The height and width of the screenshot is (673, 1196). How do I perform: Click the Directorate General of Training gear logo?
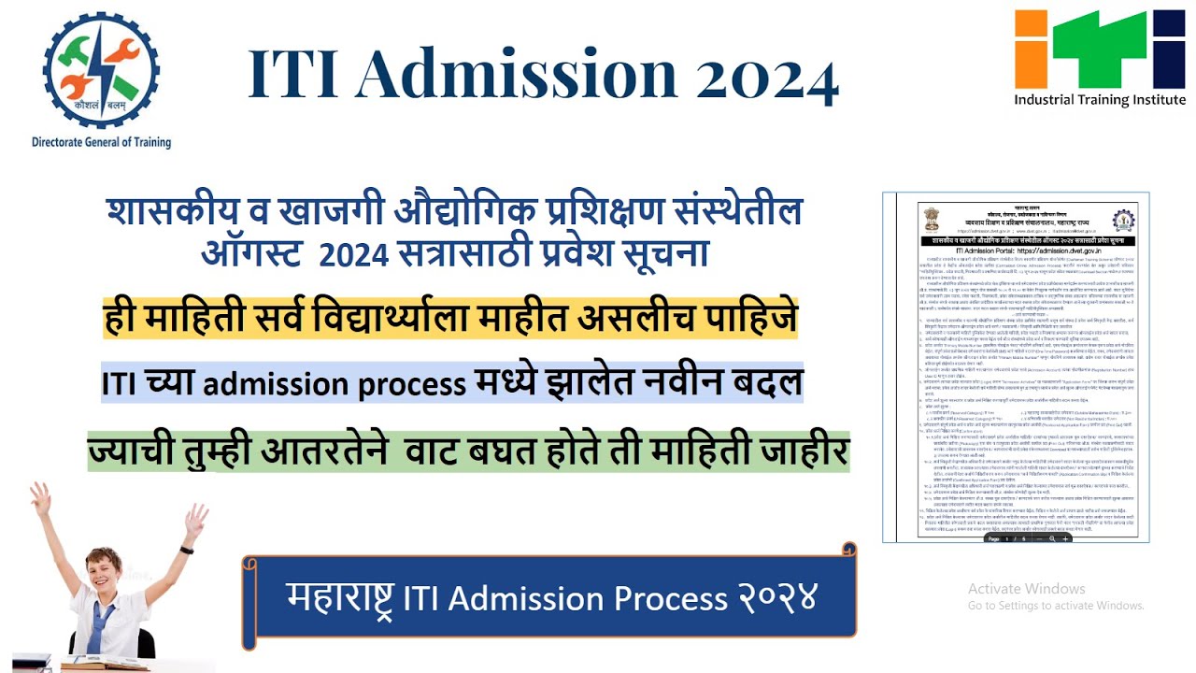click(102, 70)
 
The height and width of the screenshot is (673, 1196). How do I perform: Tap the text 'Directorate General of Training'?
click(102, 143)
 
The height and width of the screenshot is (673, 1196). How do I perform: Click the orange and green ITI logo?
click(1100, 49)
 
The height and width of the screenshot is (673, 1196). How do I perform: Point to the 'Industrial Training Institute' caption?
click(1100, 100)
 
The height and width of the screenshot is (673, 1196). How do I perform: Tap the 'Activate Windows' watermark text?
click(1026, 589)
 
